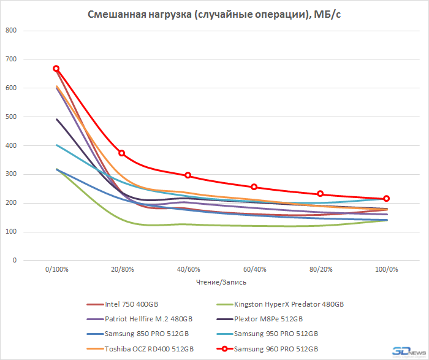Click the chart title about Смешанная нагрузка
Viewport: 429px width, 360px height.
coord(214,14)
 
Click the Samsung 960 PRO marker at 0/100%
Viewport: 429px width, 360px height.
coord(56,69)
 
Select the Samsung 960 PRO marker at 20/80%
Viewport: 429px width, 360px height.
coord(121,153)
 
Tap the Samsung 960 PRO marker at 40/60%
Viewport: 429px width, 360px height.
coord(188,175)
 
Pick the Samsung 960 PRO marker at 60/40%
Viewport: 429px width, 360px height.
coord(254,187)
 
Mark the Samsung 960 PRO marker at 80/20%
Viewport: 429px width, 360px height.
coord(321,194)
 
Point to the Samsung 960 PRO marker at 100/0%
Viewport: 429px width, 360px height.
coord(387,199)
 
